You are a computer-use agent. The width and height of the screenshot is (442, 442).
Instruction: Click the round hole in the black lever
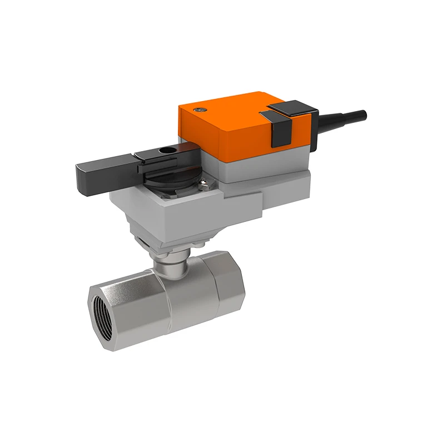pos(166,149)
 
